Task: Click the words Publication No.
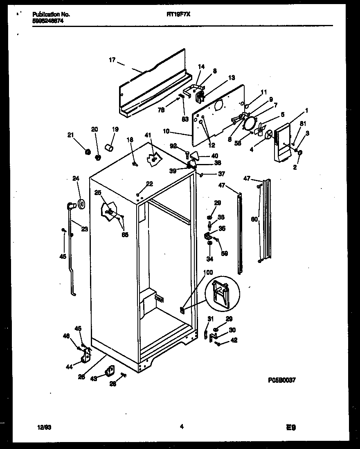(x=51, y=14)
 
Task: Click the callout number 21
(x=71, y=135)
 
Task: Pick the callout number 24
(x=75, y=178)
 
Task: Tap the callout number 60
(x=254, y=220)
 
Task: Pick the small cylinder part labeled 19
(x=109, y=147)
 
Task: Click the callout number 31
(x=210, y=319)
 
